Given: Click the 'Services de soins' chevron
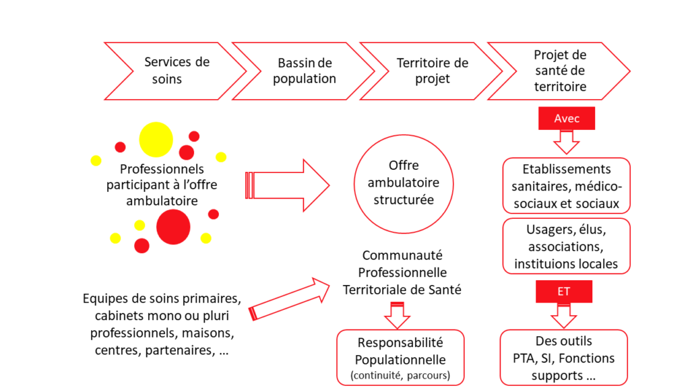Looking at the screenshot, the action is [x=176, y=71].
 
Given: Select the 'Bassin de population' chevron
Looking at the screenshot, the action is [x=304, y=71].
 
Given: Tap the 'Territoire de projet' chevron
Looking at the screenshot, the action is [x=432, y=71].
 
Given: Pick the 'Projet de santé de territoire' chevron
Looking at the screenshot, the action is [x=559, y=71].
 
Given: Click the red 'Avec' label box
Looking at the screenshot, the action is [x=566, y=119].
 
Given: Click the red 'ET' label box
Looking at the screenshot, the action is [x=564, y=291].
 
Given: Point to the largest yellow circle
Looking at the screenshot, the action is [x=156, y=139].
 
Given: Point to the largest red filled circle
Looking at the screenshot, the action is [x=173, y=227].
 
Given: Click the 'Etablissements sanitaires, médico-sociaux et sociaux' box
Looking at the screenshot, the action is [x=566, y=186].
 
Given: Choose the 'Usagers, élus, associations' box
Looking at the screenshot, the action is [x=566, y=247].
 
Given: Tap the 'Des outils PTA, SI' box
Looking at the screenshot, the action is [x=564, y=358].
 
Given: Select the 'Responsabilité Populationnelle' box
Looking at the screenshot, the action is [x=400, y=358].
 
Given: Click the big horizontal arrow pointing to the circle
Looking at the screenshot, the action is [x=287, y=185].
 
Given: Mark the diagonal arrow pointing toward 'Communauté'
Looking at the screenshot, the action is [x=290, y=298].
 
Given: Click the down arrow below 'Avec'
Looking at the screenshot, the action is [x=566, y=142].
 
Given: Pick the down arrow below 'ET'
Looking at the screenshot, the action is [x=564, y=316].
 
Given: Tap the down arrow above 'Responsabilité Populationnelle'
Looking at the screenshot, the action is [x=397, y=315].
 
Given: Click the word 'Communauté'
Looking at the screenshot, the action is [x=402, y=255].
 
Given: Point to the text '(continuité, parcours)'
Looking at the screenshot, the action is [x=400, y=375].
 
